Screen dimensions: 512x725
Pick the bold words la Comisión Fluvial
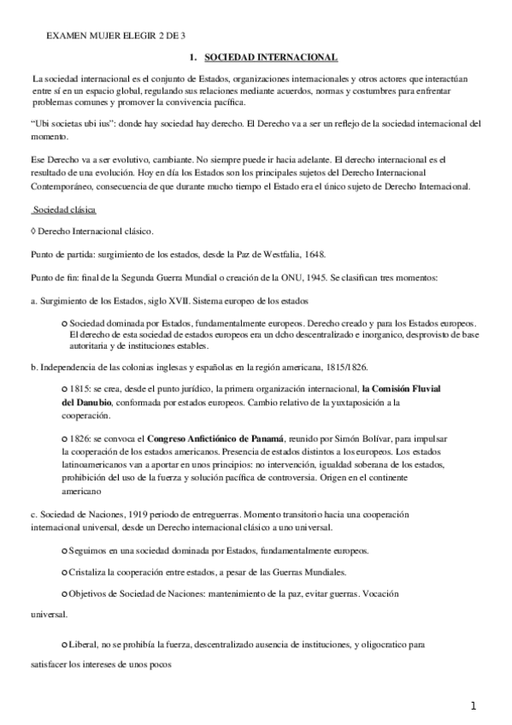(x=396, y=389)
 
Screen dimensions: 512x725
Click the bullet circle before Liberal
(x=66, y=641)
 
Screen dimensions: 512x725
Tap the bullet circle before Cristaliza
(x=66, y=571)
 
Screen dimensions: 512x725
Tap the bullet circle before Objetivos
(x=66, y=592)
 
